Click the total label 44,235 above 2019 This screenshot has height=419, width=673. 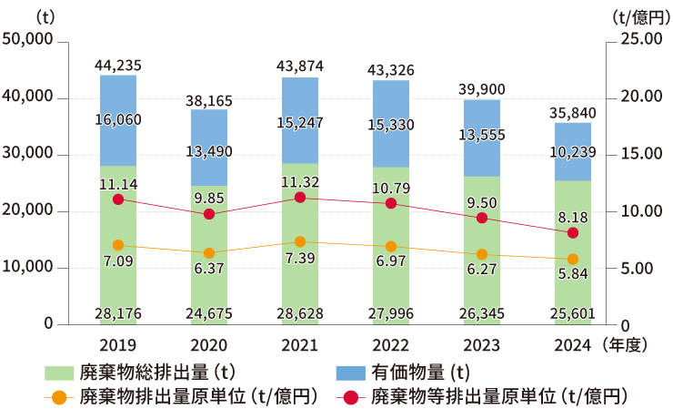point(118,65)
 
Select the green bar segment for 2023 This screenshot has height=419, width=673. point(482,273)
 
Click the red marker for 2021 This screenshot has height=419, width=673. point(300,198)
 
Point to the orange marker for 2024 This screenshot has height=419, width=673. point(573,260)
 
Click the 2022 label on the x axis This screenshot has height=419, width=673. point(391,345)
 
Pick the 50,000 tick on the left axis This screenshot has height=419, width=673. point(28,41)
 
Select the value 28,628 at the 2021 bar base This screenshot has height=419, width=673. point(300,314)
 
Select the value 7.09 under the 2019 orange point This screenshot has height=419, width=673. point(118,262)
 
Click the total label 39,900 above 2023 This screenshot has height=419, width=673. point(482,88)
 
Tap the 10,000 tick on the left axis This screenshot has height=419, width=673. point(28,268)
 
